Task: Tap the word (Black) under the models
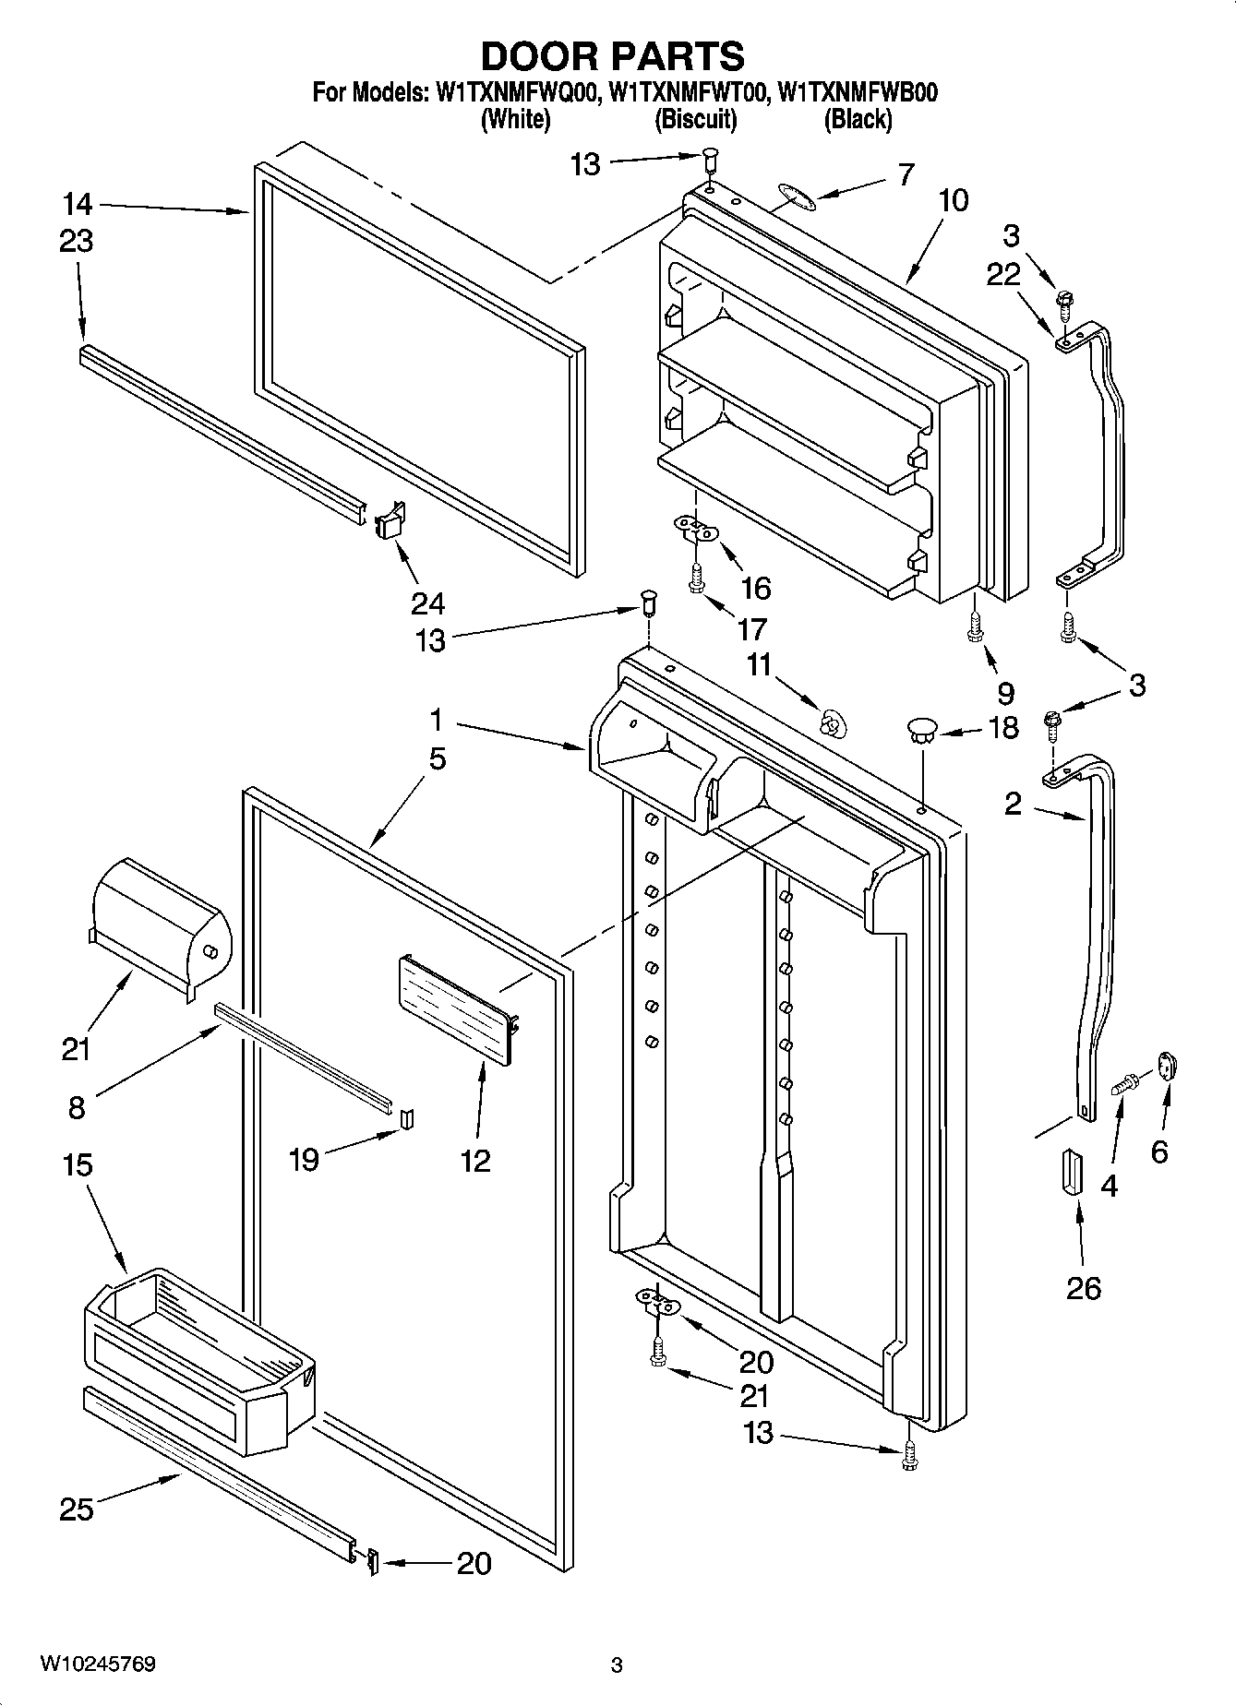858,119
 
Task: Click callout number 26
1083,1287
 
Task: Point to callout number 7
906,173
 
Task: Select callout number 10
954,200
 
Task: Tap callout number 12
475,1160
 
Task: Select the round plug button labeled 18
921,731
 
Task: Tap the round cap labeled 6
1168,1066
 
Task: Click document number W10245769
97,1665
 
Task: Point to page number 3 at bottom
617,1666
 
